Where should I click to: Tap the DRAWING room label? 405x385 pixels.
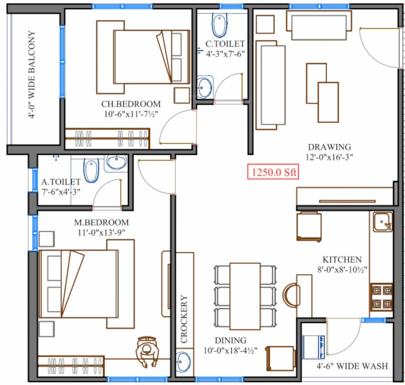tap(329, 147)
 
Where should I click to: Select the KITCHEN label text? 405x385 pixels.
tap(342, 260)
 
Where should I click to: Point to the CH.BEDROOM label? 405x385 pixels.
tap(131, 104)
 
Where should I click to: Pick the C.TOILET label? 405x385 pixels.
tap(226, 44)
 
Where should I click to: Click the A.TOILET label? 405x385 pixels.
tap(61, 181)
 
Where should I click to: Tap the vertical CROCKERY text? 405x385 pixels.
tap(184, 319)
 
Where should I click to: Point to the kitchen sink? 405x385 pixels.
tap(382, 222)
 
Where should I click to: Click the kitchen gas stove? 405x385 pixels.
tap(381, 296)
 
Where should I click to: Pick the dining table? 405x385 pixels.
tap(245, 295)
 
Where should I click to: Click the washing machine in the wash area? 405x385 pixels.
tap(314, 346)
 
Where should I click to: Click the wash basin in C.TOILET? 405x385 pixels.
tap(205, 87)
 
